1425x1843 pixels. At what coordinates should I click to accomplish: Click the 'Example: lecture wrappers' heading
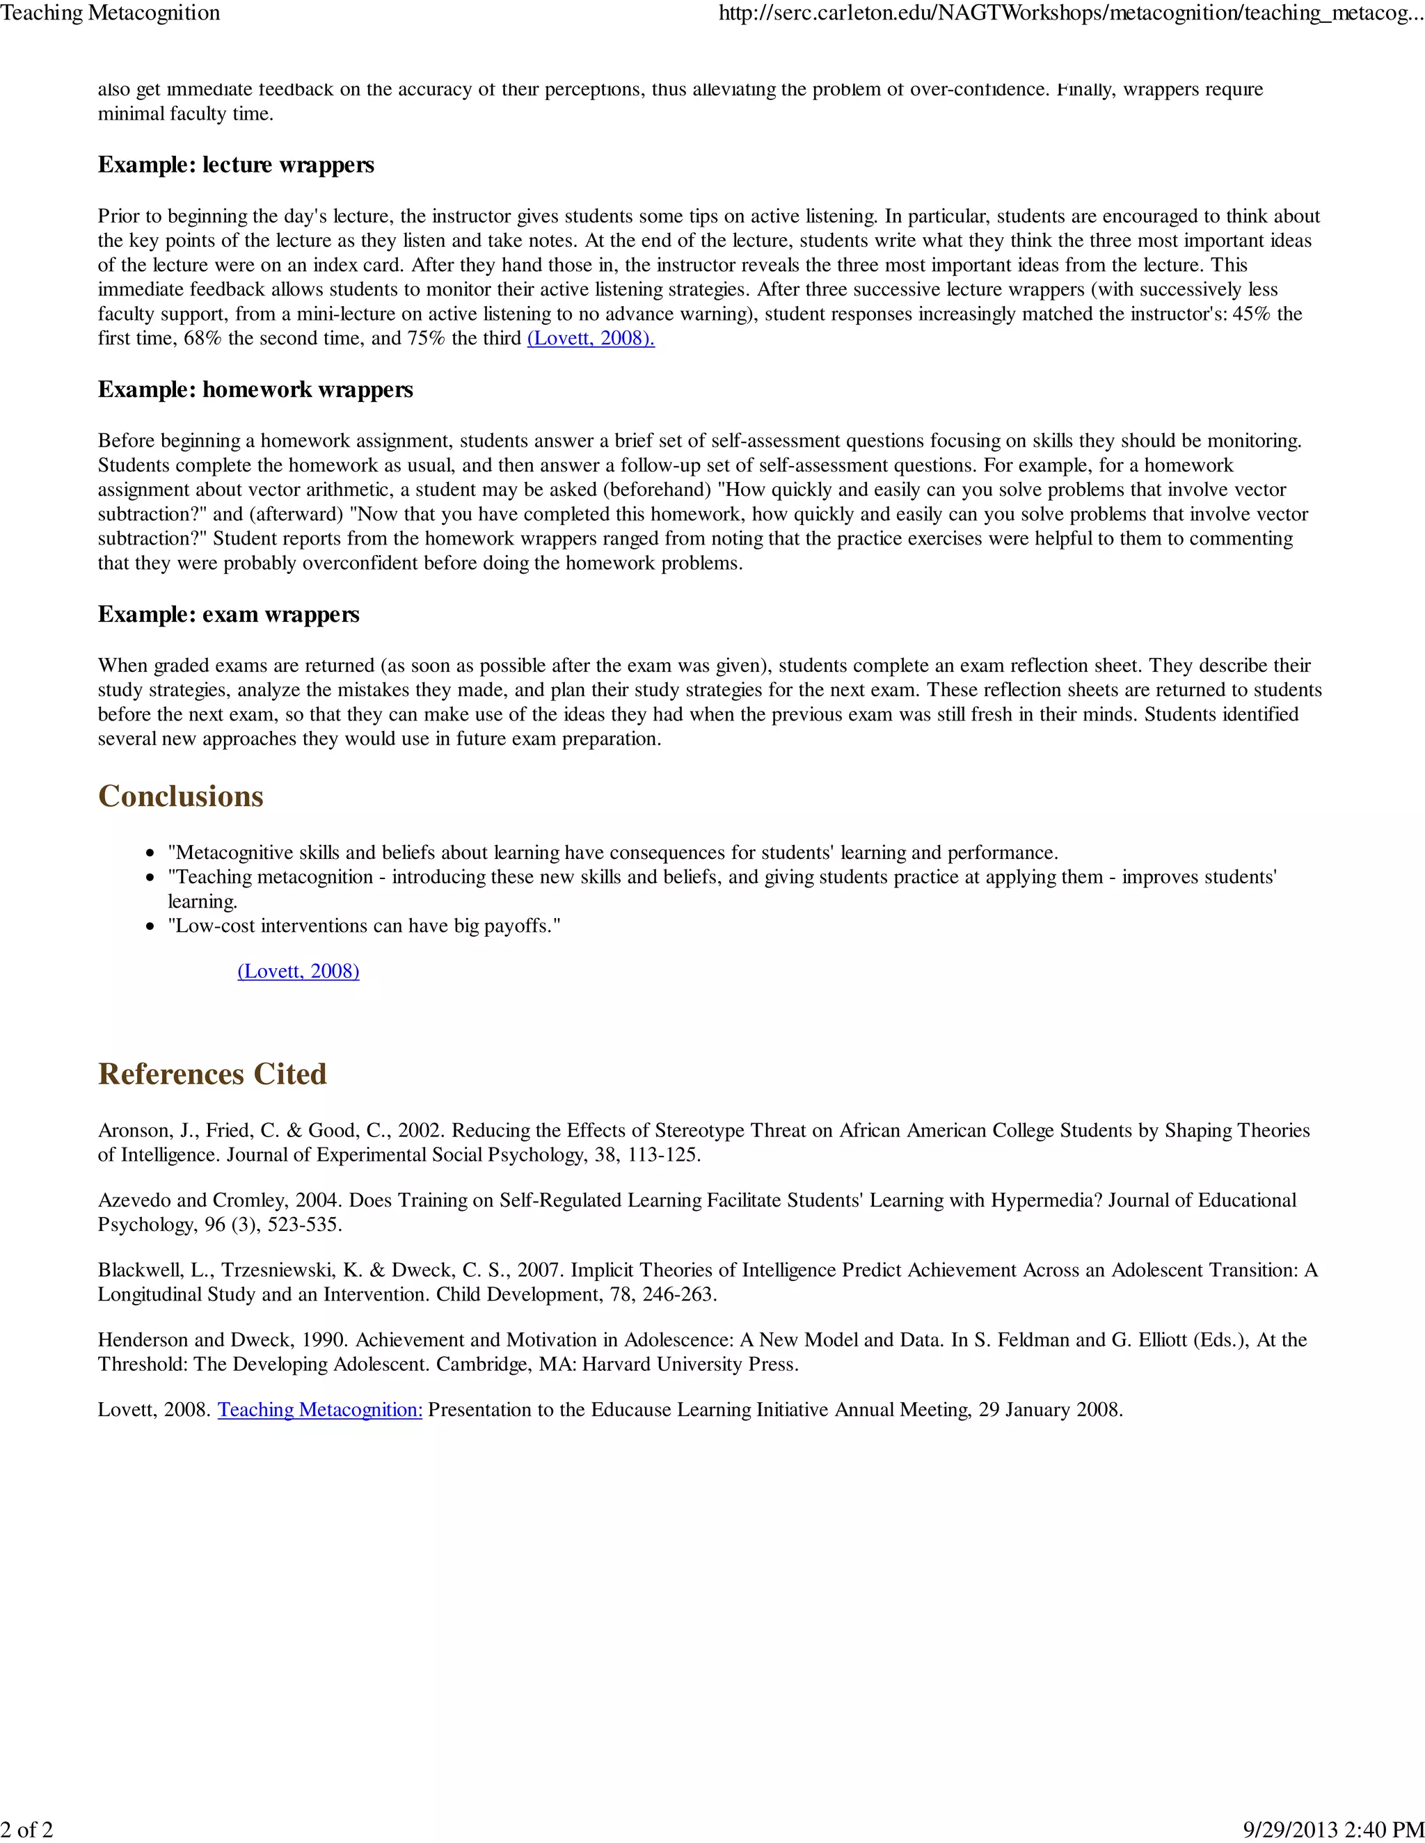(236, 165)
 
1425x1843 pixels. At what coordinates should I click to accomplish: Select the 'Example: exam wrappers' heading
(228, 613)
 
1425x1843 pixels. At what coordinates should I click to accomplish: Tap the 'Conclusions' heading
(181, 796)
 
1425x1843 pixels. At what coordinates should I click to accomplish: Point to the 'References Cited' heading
(212, 1073)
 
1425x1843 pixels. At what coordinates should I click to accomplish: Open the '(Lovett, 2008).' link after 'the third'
(590, 339)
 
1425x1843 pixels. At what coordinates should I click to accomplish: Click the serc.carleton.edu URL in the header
(1070, 13)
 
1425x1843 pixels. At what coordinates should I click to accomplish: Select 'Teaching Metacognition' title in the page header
(111, 13)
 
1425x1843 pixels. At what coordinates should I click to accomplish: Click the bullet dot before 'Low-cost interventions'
(150, 926)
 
